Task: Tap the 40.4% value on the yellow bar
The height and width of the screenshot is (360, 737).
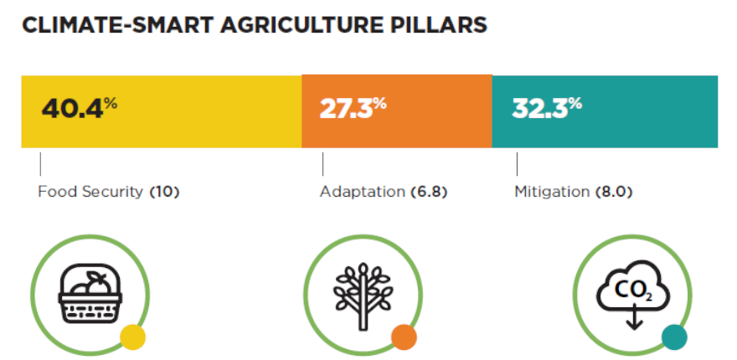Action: pos(79,109)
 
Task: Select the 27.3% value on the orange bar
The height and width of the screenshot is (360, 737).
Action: pos(353,109)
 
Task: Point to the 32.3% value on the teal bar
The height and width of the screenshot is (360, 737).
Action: pos(547,109)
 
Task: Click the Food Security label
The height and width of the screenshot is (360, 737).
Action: pos(90,192)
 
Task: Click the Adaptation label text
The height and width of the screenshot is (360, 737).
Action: pos(362,192)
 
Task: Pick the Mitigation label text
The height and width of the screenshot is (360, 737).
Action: pos(552,192)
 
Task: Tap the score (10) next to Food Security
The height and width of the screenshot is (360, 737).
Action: pos(164,193)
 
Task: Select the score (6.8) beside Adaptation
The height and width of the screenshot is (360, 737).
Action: pos(428,193)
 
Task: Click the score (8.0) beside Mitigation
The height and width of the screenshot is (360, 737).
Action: pos(613,193)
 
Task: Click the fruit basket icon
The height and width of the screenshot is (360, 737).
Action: pos(90,293)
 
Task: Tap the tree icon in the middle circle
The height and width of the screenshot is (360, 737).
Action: pos(363,296)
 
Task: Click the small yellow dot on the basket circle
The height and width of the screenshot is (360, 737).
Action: pos(132,337)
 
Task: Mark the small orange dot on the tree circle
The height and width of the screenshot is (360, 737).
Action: pos(404,337)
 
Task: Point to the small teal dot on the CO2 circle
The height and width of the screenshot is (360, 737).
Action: pos(674,337)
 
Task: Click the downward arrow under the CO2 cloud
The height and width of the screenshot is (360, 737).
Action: pos(635,316)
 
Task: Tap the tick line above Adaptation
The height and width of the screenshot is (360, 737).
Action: pos(323,163)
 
